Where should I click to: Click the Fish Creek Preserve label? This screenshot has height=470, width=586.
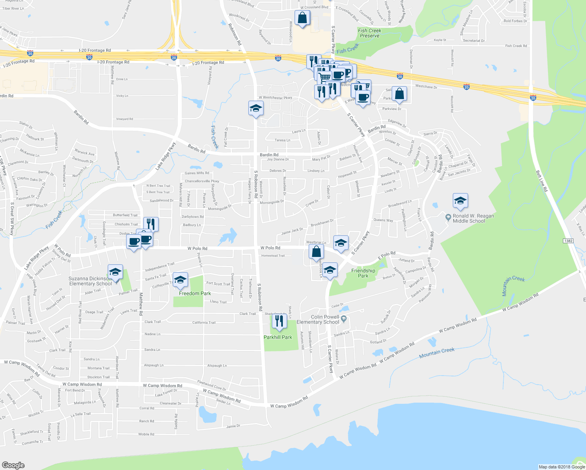(x=369, y=33)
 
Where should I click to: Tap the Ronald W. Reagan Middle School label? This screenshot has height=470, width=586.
(x=473, y=219)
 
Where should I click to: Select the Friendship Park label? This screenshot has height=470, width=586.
(x=363, y=273)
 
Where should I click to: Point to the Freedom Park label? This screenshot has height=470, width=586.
(x=195, y=293)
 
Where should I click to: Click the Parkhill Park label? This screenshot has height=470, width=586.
(x=278, y=337)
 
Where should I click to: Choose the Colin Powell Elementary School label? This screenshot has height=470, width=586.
(x=318, y=320)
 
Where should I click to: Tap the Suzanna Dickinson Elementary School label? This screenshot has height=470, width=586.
(x=90, y=281)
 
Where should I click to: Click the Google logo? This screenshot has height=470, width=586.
(x=13, y=465)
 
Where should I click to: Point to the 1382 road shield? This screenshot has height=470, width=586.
(x=569, y=240)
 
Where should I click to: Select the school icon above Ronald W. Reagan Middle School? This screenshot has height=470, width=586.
(x=460, y=201)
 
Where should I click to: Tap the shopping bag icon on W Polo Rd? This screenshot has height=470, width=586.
(x=316, y=251)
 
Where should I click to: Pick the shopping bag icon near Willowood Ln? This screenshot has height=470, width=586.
(x=302, y=18)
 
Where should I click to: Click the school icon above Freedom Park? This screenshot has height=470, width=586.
(x=180, y=280)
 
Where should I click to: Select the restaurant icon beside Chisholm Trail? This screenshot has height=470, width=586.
(x=151, y=224)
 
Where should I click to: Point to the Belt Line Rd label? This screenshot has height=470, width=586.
(x=541, y=181)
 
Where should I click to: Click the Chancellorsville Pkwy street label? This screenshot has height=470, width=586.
(x=202, y=181)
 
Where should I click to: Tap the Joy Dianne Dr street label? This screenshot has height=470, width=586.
(x=278, y=159)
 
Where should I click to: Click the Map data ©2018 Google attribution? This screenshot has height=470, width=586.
(x=561, y=466)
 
